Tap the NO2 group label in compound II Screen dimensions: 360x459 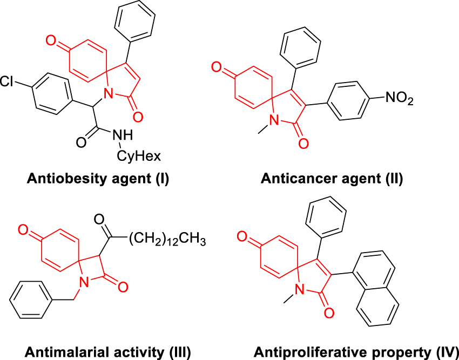pos(397,99)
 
